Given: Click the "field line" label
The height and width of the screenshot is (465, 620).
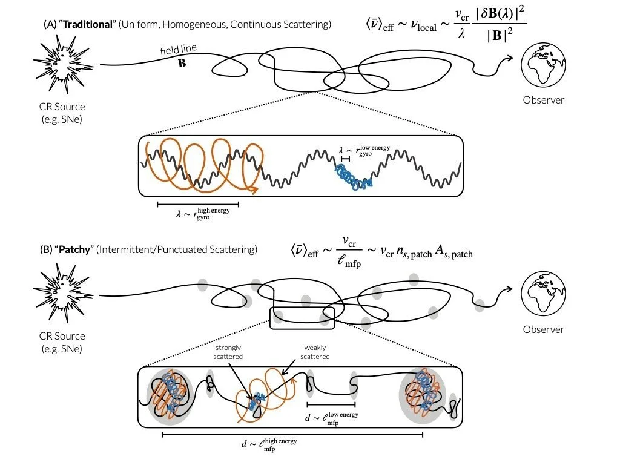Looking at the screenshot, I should click(x=179, y=49).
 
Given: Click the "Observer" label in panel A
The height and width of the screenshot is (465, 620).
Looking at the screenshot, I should click(x=543, y=100).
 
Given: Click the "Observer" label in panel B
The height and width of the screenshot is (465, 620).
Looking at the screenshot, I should click(x=543, y=330).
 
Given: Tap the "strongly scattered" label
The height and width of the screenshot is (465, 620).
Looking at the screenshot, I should click(x=228, y=352).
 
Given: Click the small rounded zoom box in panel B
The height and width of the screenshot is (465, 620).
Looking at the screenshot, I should click(x=302, y=317).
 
